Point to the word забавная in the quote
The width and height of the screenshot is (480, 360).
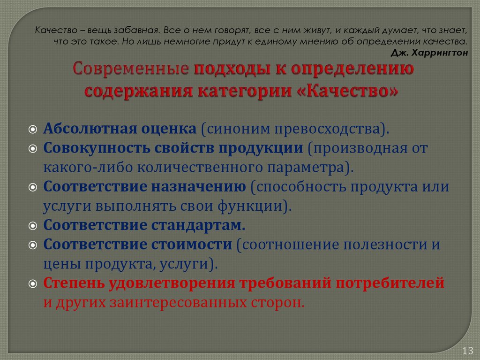[134, 31]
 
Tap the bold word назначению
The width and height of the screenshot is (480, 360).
[199, 187]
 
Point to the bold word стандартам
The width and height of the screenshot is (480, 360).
[198, 225]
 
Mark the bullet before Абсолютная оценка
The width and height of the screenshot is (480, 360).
[32, 129]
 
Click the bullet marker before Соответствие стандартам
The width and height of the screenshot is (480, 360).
[32, 226]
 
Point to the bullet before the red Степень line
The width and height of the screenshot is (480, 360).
[32, 283]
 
